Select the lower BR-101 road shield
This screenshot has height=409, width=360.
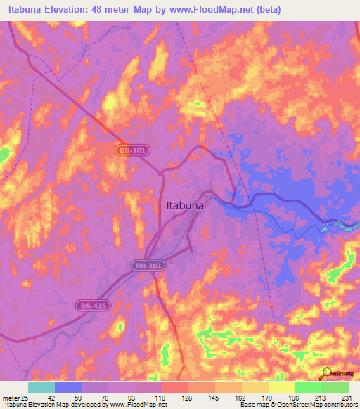145,266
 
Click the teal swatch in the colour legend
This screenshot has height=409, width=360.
41,387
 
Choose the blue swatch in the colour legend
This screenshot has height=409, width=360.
68,387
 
